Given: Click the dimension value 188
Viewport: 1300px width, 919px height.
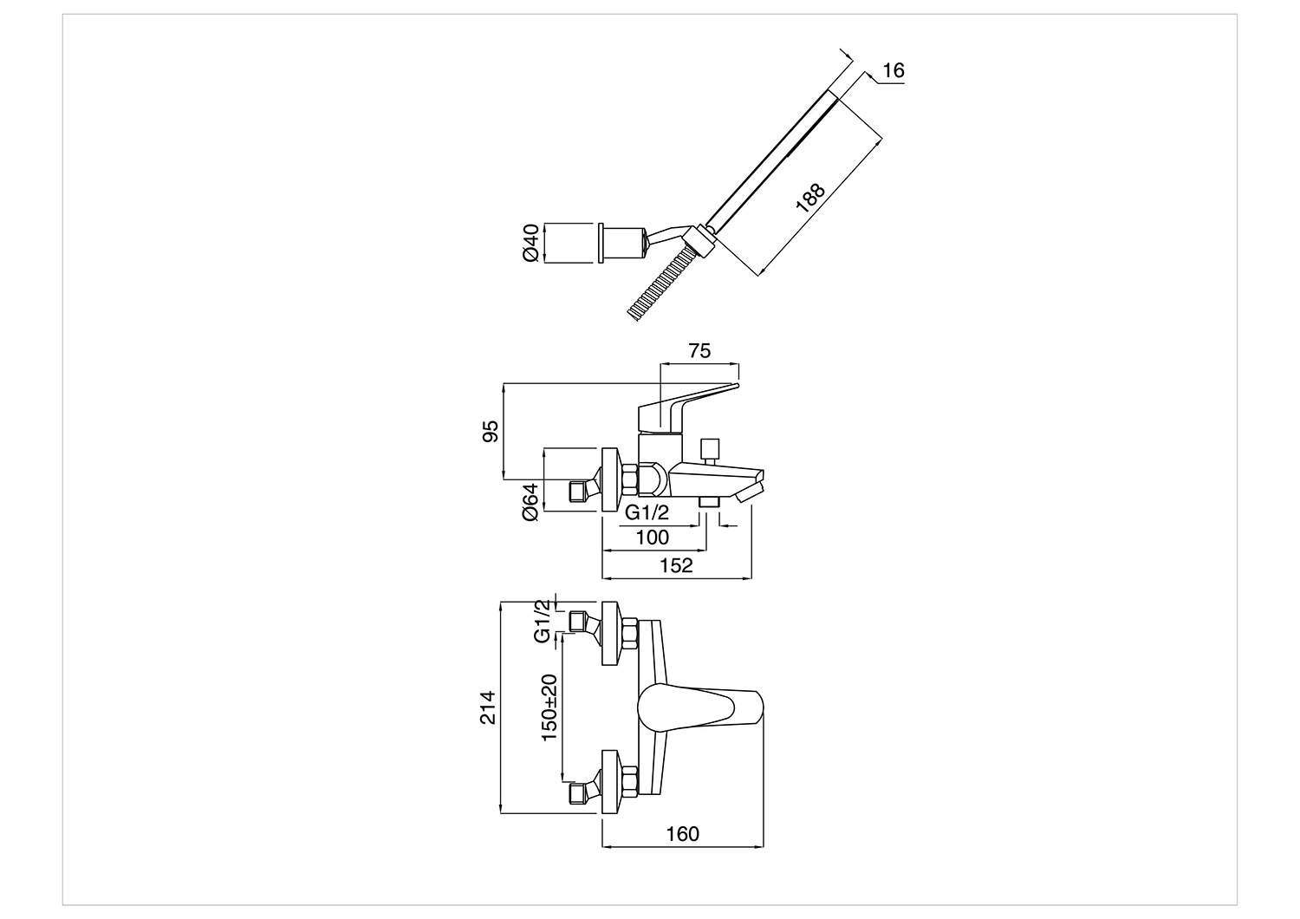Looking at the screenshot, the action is [810, 198].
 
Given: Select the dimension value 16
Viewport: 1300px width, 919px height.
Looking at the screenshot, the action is [894, 70].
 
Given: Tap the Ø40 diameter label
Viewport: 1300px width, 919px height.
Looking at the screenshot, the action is [531, 243].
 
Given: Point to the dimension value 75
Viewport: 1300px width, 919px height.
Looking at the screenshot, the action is [699, 350].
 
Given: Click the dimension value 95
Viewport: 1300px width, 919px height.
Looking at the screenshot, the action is [491, 432].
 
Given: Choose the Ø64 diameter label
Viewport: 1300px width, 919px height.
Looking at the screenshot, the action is [531, 502].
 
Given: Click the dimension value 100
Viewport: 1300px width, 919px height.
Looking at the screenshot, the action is [653, 537].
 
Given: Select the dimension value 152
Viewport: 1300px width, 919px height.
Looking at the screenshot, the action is [676, 565].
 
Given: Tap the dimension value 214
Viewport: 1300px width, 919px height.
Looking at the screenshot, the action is [488, 707].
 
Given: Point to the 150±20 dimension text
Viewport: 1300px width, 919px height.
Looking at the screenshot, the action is [549, 707].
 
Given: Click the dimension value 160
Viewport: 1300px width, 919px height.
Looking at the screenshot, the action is [683, 834].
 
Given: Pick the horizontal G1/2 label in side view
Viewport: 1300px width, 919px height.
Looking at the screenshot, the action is [647, 512].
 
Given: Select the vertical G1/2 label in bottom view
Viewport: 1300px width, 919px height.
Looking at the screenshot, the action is [542, 621].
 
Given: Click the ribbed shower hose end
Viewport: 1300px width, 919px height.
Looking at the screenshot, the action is [661, 284].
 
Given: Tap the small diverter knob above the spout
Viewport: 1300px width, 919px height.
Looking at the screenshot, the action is [709, 451].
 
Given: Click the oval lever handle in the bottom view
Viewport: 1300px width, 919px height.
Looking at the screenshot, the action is [700, 707].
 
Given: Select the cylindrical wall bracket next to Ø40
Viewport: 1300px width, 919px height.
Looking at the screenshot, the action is [622, 243].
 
